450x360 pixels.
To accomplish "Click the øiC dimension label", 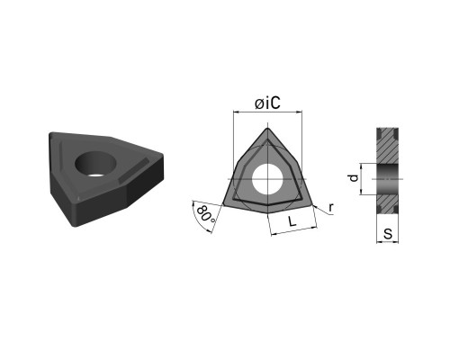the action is coord(267,103).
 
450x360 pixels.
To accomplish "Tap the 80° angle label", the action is coord(205,214).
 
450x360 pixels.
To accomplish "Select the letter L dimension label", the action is coord(292,221).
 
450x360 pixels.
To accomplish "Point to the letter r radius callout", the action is coord(331,207).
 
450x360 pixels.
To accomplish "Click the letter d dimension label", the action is coord(355,178).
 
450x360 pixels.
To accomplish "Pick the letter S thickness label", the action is coord(388,233).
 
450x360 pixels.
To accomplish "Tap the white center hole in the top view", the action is coord(267,179).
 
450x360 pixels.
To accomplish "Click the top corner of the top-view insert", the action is coord(267,129).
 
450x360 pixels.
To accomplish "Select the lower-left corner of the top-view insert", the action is coord(223,205).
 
